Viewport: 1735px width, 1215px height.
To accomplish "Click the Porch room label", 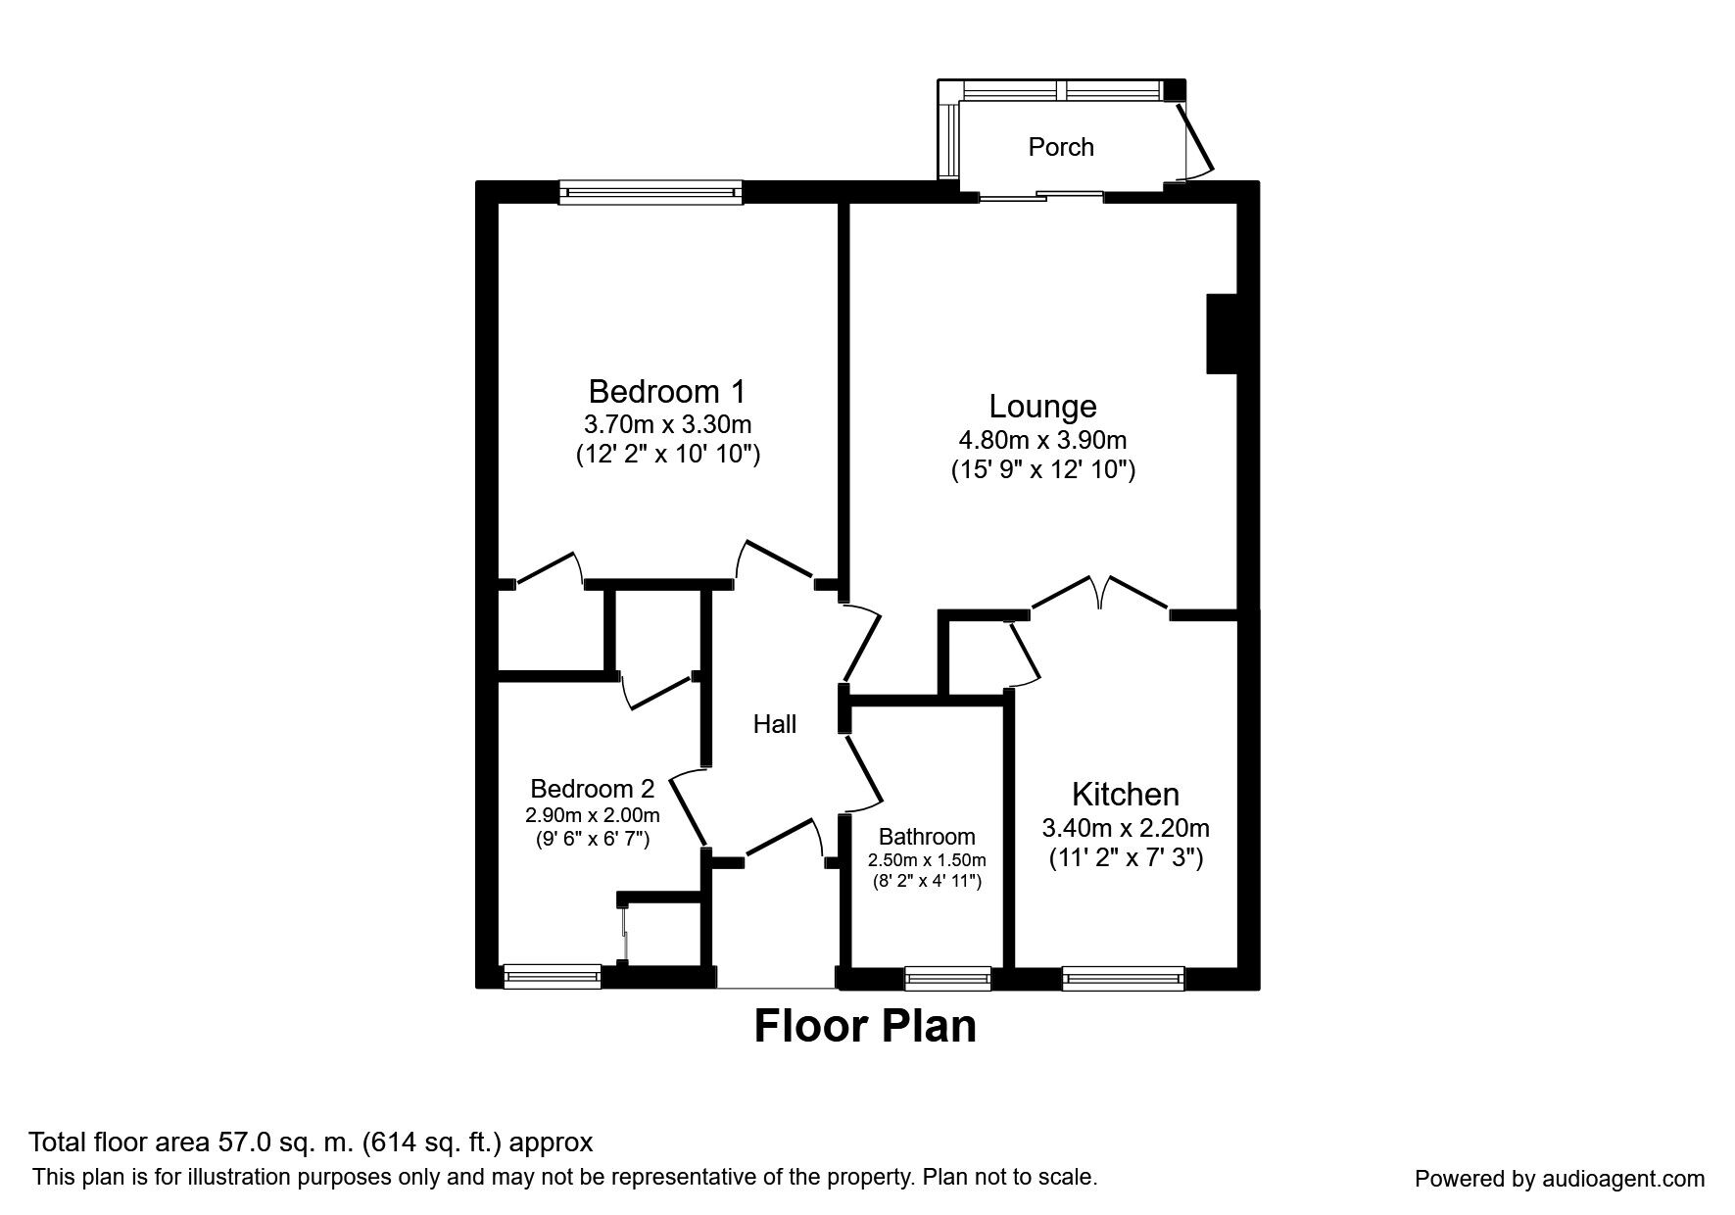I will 1060,147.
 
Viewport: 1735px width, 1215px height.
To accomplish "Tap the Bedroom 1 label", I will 666,392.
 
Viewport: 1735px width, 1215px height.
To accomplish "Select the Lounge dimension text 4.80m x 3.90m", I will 1042,440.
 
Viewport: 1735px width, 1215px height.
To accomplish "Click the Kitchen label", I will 1125,794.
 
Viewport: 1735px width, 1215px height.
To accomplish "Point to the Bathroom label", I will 927,837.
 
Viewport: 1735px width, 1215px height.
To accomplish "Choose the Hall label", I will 774,724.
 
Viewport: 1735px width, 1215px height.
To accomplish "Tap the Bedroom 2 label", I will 592,789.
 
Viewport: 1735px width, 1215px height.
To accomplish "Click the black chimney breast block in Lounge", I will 1222,333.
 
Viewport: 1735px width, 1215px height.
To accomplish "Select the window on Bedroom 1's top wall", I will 651,192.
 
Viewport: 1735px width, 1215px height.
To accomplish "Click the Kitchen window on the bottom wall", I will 1123,977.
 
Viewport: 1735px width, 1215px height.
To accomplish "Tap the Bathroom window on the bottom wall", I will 947,977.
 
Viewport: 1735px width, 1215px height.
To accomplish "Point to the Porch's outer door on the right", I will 1196,141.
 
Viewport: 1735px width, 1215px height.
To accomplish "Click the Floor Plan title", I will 865,1026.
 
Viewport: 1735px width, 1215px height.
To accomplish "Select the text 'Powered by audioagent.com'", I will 1559,1179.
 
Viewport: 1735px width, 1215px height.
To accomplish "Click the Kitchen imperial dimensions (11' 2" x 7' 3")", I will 1126,859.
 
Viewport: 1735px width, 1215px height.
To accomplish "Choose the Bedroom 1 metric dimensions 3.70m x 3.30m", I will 667,425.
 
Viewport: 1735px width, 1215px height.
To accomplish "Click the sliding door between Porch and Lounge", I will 1041,196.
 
